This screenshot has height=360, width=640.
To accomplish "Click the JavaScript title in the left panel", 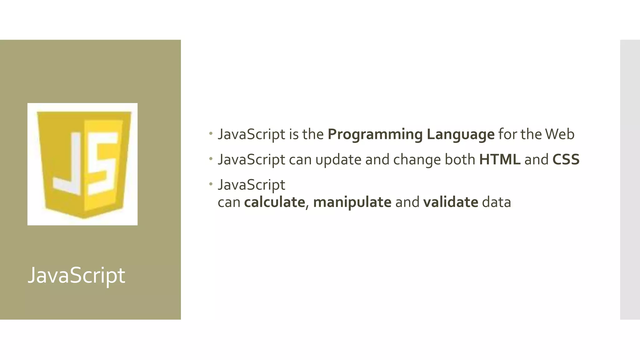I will point(76,275).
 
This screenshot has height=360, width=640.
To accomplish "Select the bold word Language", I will point(460,134).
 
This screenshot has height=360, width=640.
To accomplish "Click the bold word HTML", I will point(499,159).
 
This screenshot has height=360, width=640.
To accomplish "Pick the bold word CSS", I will point(566,159).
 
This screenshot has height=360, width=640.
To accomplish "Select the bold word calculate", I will point(274,202).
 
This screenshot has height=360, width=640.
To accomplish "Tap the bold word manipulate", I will point(352,202).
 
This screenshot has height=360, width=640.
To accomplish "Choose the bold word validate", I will point(450,202).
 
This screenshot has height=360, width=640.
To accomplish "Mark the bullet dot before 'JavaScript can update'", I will point(211,159).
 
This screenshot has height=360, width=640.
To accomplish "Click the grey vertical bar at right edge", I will point(630,179).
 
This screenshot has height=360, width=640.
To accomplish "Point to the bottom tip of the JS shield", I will point(83,217).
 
